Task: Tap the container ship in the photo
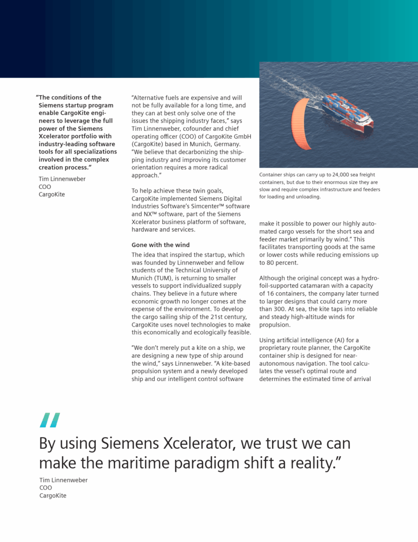pos(347,112)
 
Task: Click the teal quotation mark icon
pos(50,420)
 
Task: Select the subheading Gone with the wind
pos(160,245)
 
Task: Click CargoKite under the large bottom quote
pos(53,496)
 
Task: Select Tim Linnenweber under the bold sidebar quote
pos(62,179)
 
